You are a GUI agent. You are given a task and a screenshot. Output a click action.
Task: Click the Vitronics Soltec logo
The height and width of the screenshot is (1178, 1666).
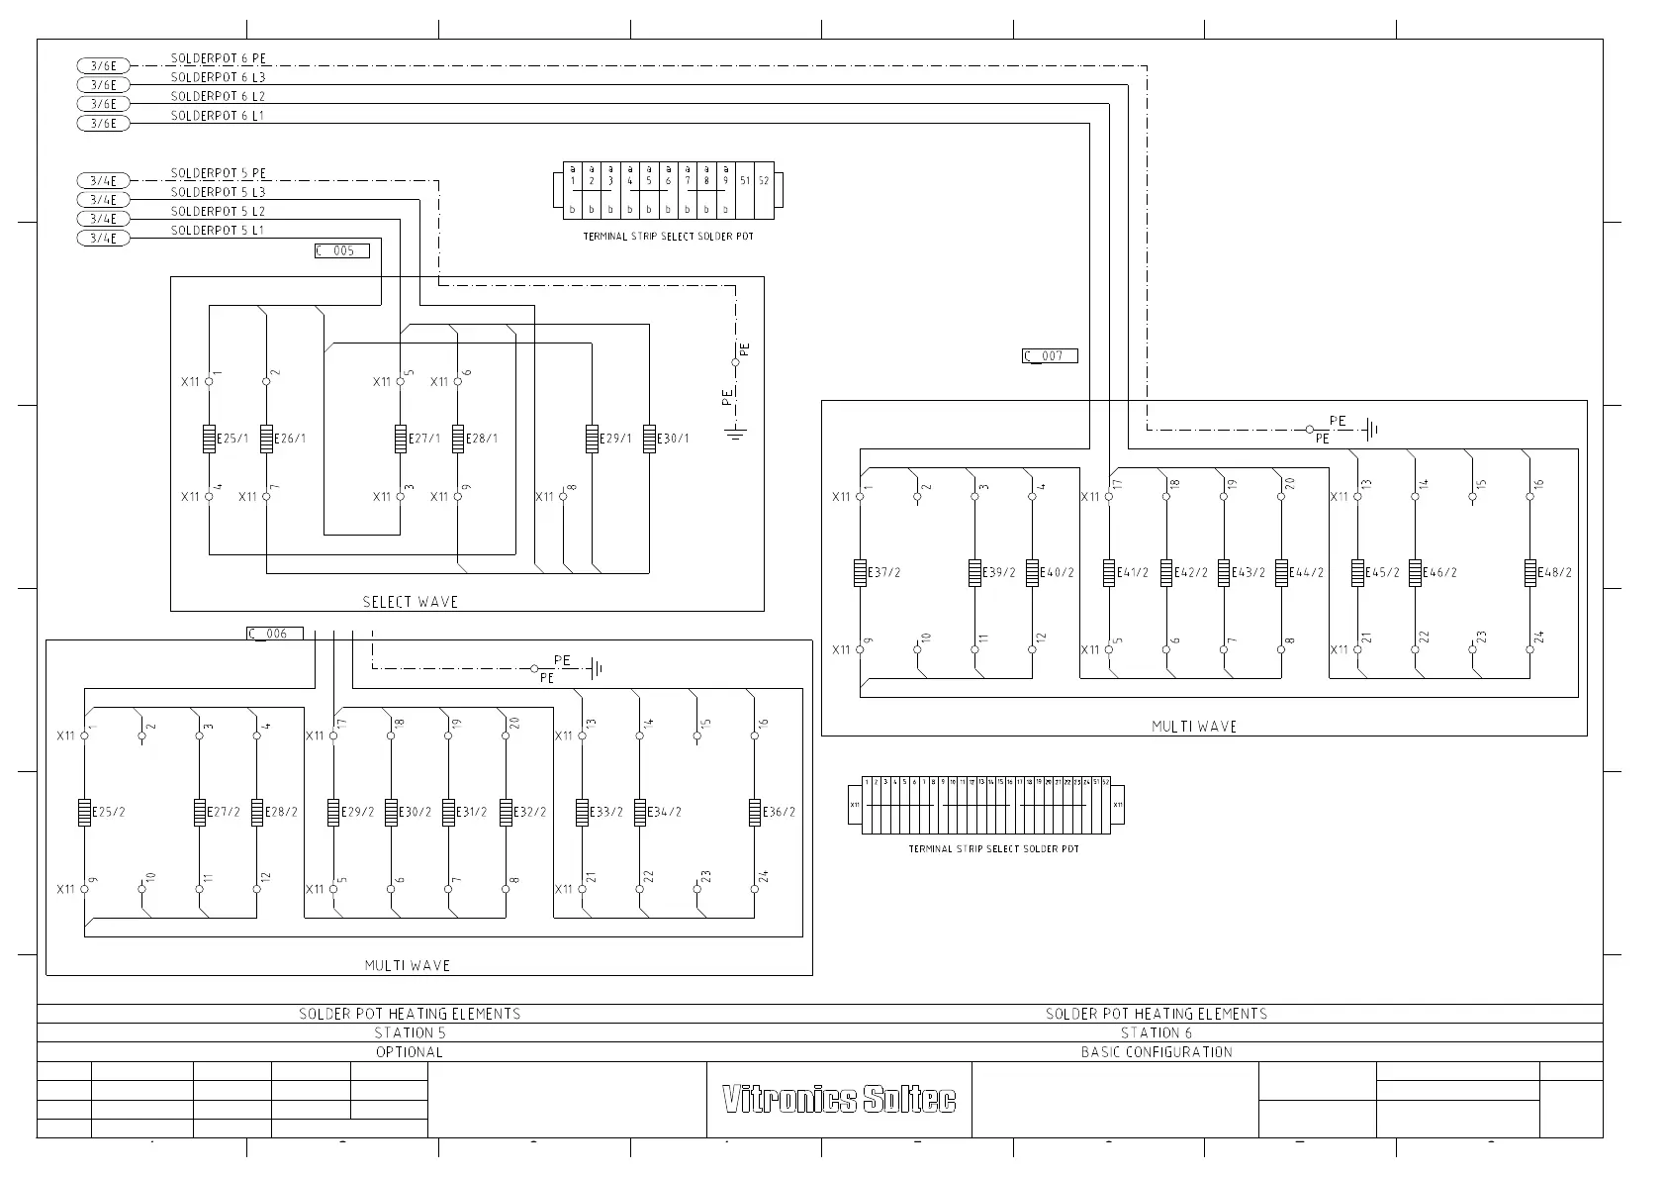coord(839,1100)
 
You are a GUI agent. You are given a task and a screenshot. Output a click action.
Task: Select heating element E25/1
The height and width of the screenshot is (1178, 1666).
coord(210,439)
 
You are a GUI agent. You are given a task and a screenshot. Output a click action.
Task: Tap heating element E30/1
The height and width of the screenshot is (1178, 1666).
coord(649,439)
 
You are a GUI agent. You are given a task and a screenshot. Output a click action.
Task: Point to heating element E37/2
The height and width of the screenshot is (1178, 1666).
coord(861,572)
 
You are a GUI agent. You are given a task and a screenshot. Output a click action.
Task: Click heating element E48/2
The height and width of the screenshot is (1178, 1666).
coord(1530,572)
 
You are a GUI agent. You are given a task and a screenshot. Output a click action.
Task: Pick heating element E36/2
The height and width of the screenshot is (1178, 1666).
coord(755,812)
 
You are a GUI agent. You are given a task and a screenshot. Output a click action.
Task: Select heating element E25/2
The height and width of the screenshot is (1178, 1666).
coord(85,812)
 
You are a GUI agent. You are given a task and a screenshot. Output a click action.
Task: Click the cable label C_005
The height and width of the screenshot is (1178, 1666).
coord(341,251)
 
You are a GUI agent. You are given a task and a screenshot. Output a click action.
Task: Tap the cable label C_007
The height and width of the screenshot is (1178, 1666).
coord(1049,356)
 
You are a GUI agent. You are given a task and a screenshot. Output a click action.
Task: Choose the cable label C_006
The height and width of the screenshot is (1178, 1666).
coord(274,634)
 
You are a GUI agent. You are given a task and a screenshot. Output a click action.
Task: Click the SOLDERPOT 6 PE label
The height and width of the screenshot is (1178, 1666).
coord(219,59)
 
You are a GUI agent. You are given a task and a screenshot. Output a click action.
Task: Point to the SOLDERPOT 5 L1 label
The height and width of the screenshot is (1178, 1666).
coord(217,231)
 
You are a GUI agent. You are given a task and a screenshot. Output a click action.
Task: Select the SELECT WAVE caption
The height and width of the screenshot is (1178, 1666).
coord(410,602)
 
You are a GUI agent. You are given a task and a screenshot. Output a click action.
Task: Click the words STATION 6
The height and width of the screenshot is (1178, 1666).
coord(1156,1032)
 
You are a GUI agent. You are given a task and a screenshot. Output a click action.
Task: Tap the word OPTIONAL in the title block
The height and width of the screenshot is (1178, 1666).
coord(409,1052)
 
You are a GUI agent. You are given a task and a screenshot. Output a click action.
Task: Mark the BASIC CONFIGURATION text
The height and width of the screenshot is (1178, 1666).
coord(1156,1052)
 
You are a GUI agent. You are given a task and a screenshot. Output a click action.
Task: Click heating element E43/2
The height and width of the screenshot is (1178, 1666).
coord(1224,572)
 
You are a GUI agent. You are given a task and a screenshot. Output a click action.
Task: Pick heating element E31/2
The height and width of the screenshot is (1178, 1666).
coord(448,812)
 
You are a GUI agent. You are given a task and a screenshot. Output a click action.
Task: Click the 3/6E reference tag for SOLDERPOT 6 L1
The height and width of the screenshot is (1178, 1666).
coord(103,124)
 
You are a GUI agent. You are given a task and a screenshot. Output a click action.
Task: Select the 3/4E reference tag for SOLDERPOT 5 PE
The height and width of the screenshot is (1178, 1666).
coord(103,181)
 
